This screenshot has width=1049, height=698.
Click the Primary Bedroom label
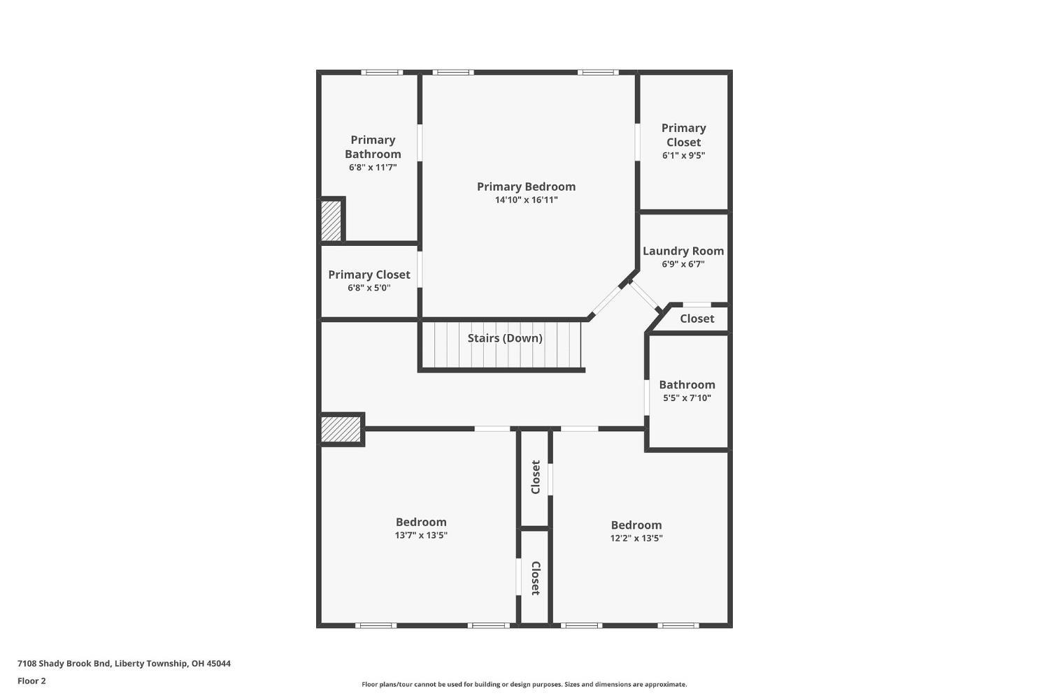[x=526, y=187]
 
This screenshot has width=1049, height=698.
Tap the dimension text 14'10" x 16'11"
[x=526, y=200]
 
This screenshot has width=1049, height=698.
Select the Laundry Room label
[x=683, y=251]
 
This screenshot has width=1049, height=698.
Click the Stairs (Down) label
[x=505, y=338]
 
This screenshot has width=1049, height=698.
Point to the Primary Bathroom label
[x=373, y=147]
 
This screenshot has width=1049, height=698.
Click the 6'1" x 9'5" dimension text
[x=683, y=156]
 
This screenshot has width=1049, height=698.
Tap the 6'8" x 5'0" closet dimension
[x=369, y=288]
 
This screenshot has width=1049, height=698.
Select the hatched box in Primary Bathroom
[x=331, y=221]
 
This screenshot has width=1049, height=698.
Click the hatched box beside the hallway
[x=341, y=429]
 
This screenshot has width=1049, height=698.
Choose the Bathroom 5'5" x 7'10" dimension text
[x=687, y=398]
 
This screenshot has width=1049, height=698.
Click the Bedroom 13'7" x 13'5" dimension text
[x=421, y=535]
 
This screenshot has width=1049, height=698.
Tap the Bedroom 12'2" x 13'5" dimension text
[x=636, y=538]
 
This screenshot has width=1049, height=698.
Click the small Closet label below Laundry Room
[x=697, y=319]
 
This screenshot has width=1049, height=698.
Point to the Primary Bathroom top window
[x=382, y=72]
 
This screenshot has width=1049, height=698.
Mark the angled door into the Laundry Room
[x=645, y=296]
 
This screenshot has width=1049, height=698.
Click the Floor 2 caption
[x=31, y=681]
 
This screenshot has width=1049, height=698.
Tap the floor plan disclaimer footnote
[x=524, y=685]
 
